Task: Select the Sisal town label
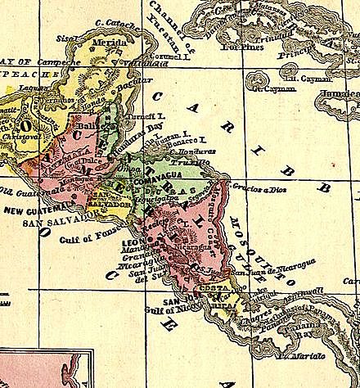pyautogui.click(x=65, y=38)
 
